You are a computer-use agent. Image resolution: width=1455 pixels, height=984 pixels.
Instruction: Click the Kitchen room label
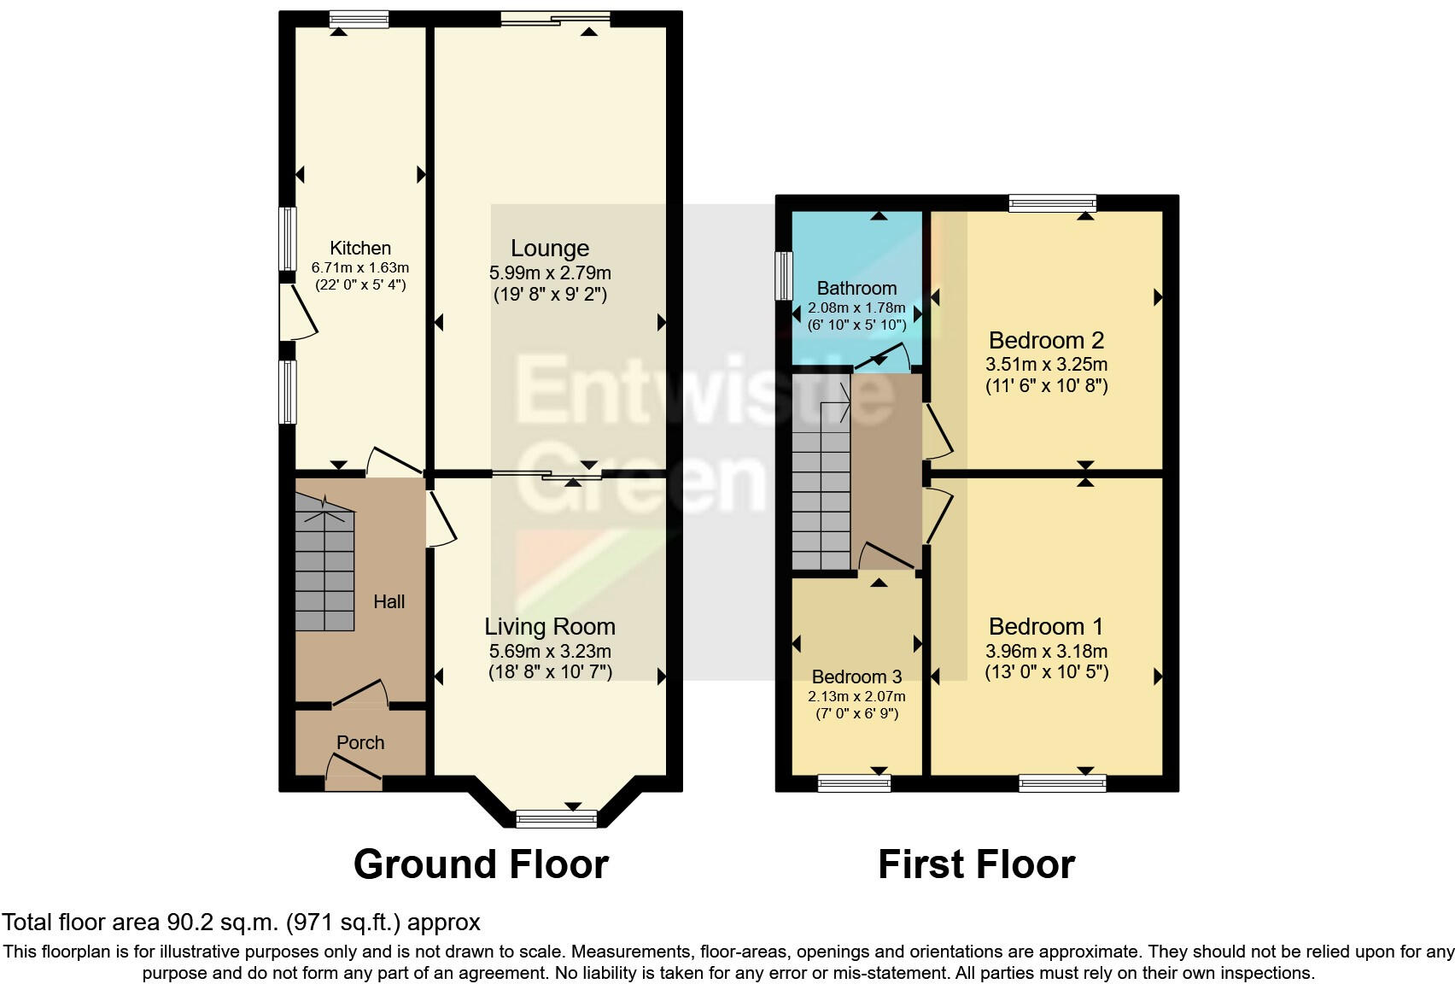[359, 249]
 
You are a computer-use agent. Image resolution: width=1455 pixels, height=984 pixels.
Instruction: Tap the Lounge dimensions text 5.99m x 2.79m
[549, 273]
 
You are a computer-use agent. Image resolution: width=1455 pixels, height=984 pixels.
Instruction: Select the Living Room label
[549, 627]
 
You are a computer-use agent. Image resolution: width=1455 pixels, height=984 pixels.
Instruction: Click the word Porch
[359, 742]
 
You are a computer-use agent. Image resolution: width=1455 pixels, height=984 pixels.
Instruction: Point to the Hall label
[389, 601]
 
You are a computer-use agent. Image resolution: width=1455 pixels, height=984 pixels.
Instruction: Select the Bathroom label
[856, 289]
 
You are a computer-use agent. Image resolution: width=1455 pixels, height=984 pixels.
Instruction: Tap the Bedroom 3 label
[856, 677]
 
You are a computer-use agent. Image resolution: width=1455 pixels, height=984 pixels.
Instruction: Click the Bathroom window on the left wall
[783, 275]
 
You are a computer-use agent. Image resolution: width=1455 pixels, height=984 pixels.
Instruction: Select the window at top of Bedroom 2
[1051, 203]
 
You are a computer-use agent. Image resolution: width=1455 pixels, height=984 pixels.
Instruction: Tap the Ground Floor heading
[481, 864]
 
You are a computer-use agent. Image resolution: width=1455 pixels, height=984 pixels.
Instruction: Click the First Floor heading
[976, 864]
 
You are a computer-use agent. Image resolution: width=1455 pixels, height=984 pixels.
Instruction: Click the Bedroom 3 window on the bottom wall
[854, 782]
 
